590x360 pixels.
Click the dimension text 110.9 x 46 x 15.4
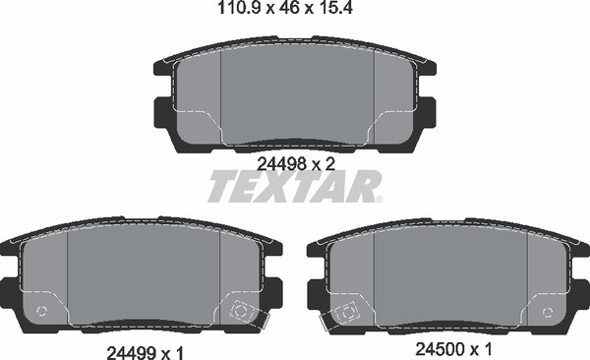[285, 8]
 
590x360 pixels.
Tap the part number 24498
[280, 164]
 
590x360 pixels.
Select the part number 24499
[132, 353]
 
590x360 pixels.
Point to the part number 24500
[440, 349]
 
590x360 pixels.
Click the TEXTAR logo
[295, 186]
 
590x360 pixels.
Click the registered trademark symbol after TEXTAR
[380, 200]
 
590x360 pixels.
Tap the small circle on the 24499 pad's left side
[41, 311]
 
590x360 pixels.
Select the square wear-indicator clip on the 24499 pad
[240, 312]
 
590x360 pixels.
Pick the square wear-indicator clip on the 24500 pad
[346, 313]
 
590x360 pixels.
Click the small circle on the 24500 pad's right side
[548, 312]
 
